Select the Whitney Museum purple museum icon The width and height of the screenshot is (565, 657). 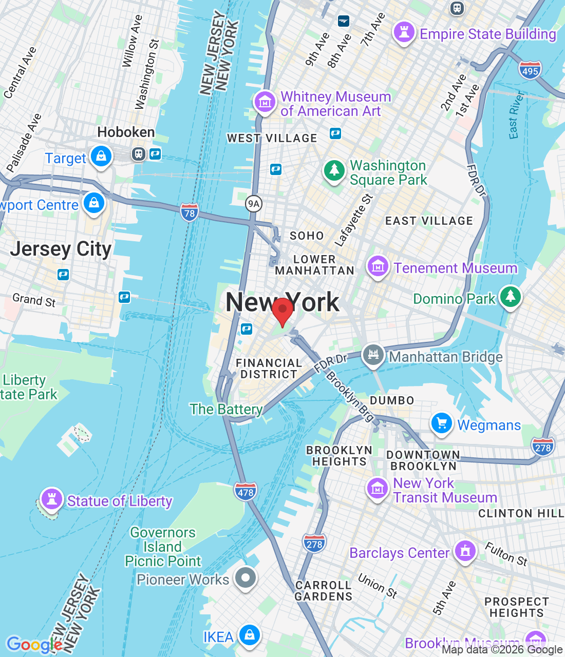pos(265,102)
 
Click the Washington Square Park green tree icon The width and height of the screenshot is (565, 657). pos(334,170)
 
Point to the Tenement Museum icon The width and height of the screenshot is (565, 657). pos(378,266)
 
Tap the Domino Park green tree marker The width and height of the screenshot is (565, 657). pos(510,297)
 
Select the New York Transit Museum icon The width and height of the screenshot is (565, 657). pos(378,489)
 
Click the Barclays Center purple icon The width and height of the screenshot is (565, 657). pos(465,551)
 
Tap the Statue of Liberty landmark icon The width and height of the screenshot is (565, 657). pos(51,498)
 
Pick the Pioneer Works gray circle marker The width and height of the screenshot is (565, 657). pos(246,578)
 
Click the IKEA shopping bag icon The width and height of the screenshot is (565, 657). pos(250,635)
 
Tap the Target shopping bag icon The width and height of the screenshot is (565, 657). pos(101,156)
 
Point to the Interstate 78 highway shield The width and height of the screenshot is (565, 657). pos(190,212)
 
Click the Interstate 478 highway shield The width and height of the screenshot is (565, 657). pos(245,492)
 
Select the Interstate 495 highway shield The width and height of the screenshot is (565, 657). pos(530,70)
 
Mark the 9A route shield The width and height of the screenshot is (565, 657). pos(254,204)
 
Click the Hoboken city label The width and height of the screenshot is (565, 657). pos(126,132)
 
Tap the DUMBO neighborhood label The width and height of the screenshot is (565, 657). pos(392,400)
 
